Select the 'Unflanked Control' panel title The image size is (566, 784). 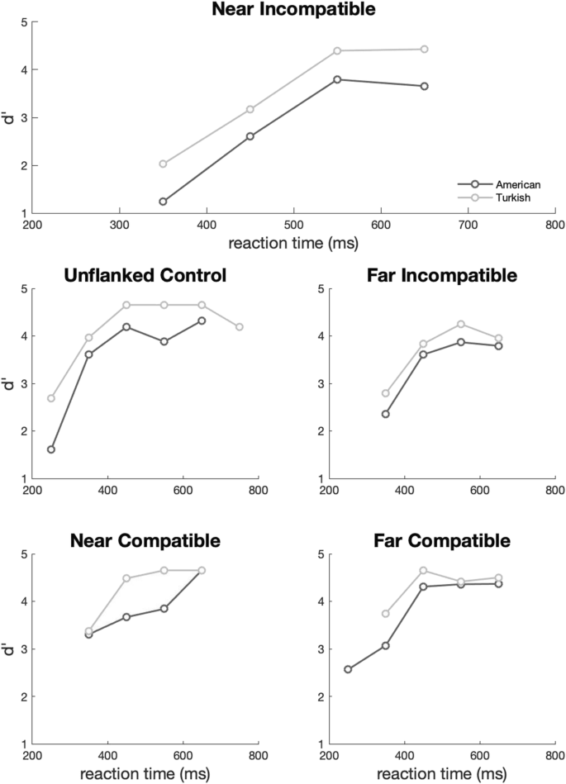click(x=145, y=275)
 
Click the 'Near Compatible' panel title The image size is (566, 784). click(x=145, y=541)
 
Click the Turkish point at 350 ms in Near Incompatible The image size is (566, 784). click(x=163, y=164)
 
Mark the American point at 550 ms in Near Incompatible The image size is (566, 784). click(x=337, y=79)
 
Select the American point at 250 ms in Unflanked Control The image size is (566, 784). click(x=51, y=449)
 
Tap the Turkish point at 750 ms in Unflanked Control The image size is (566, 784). click(x=239, y=327)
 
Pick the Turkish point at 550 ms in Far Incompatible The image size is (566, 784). click(x=461, y=324)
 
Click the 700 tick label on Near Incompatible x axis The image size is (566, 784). click(x=468, y=224)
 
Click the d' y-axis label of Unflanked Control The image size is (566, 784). click(x=10, y=383)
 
